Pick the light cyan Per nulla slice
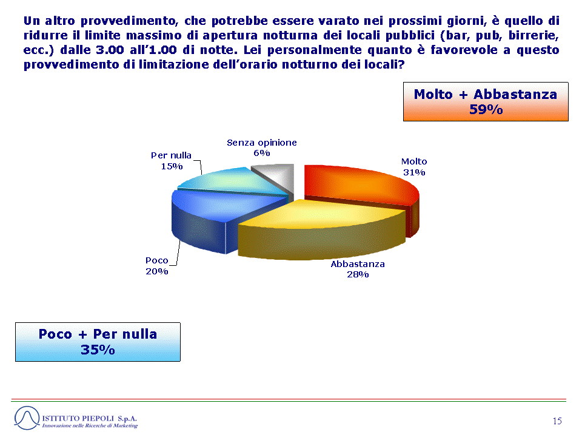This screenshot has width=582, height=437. point(230,180)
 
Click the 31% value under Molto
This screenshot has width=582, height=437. point(414,172)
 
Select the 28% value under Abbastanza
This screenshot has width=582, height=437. point(358,274)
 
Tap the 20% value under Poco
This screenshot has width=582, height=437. point(156,272)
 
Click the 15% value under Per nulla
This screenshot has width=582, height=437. point(172,166)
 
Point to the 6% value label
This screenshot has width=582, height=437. point(262,153)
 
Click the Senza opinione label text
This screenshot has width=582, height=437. point(262,143)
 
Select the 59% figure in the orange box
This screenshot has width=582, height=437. point(486,110)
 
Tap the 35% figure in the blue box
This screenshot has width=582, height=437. point(98,350)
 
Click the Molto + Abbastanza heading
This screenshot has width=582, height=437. point(486,95)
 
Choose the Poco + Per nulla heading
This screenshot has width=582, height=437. point(98,334)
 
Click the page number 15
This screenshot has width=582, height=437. point(557,421)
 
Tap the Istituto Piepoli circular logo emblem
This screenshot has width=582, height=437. point(27,418)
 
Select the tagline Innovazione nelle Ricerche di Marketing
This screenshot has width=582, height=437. point(90,425)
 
